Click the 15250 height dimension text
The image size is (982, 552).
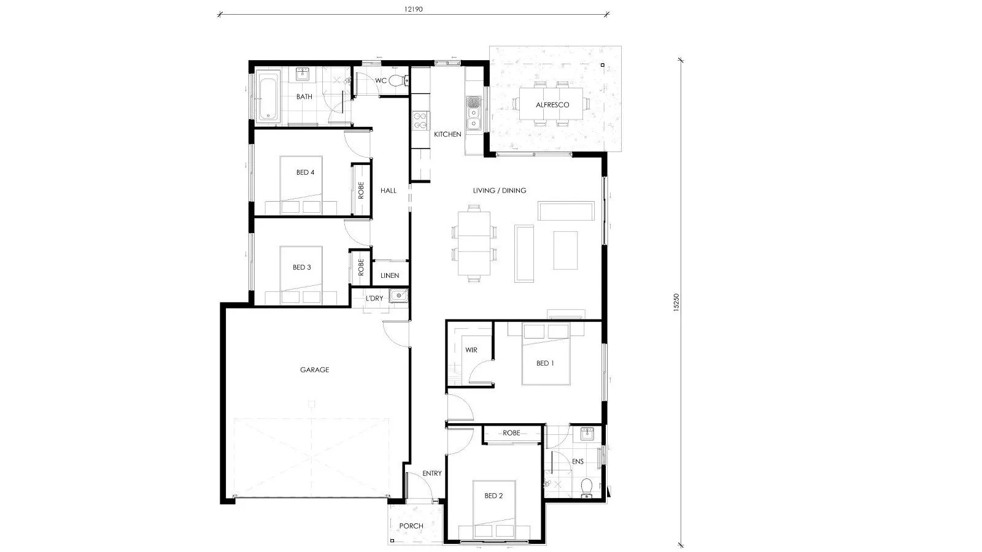pyautogui.click(x=676, y=304)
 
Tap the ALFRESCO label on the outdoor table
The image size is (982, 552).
pyautogui.click(x=552, y=105)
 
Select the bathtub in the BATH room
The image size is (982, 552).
pyautogui.click(x=268, y=97)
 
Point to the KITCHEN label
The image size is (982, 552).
pyautogui.click(x=447, y=134)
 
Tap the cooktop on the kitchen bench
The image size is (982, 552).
pyautogui.click(x=420, y=120)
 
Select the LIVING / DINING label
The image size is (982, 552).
pyautogui.click(x=499, y=191)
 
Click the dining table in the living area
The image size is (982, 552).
pyautogui.click(x=474, y=242)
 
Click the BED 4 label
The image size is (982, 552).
pyautogui.click(x=305, y=172)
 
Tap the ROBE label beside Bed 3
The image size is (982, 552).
pyautogui.click(x=361, y=266)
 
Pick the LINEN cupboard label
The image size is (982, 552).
pyautogui.click(x=390, y=276)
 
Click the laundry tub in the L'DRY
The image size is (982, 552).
pyautogui.click(x=398, y=297)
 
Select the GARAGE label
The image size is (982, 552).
pyautogui.click(x=314, y=370)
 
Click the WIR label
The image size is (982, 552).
pyautogui.click(x=471, y=350)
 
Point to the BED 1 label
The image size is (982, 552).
pyautogui.click(x=545, y=363)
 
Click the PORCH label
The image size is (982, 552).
pyautogui.click(x=411, y=526)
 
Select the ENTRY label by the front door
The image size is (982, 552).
pyautogui.click(x=431, y=473)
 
